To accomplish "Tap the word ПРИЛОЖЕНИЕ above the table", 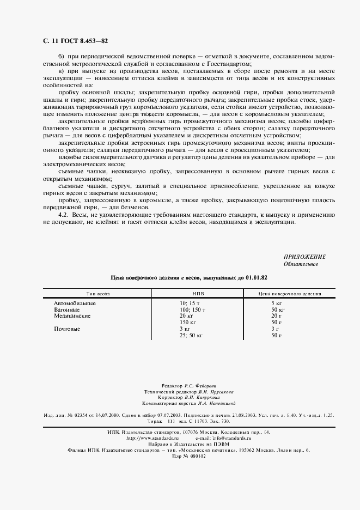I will [x=304, y=257].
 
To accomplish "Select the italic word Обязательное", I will [x=301, y=264].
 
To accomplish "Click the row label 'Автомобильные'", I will [x=75, y=303].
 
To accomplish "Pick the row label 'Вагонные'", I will [x=66, y=309].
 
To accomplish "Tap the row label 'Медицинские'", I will [x=72, y=316].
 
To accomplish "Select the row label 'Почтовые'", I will [x=67, y=329].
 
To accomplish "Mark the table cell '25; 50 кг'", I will [x=191, y=336].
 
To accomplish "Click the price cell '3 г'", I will [x=274, y=329].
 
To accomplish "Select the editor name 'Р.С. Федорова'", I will [x=200, y=385].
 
